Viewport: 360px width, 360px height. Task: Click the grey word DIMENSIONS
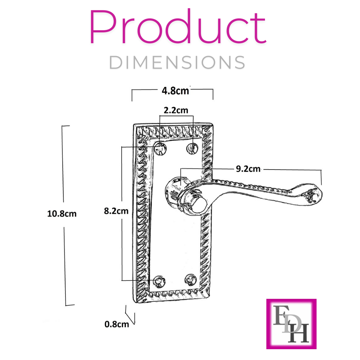(x=177, y=63)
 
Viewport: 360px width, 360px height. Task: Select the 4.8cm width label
(x=175, y=91)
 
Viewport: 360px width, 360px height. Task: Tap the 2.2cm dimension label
(x=176, y=110)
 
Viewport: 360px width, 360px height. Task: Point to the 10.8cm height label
(x=62, y=213)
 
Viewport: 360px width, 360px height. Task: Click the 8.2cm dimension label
(x=116, y=211)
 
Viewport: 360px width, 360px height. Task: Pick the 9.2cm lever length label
(x=248, y=168)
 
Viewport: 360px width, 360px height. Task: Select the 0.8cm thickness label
(x=117, y=324)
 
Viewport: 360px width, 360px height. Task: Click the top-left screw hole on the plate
(x=159, y=148)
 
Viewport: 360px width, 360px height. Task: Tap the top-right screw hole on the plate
(x=193, y=148)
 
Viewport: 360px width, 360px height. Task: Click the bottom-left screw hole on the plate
(x=158, y=281)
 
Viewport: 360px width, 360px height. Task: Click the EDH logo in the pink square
(x=291, y=324)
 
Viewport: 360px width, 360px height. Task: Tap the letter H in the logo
(x=300, y=333)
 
